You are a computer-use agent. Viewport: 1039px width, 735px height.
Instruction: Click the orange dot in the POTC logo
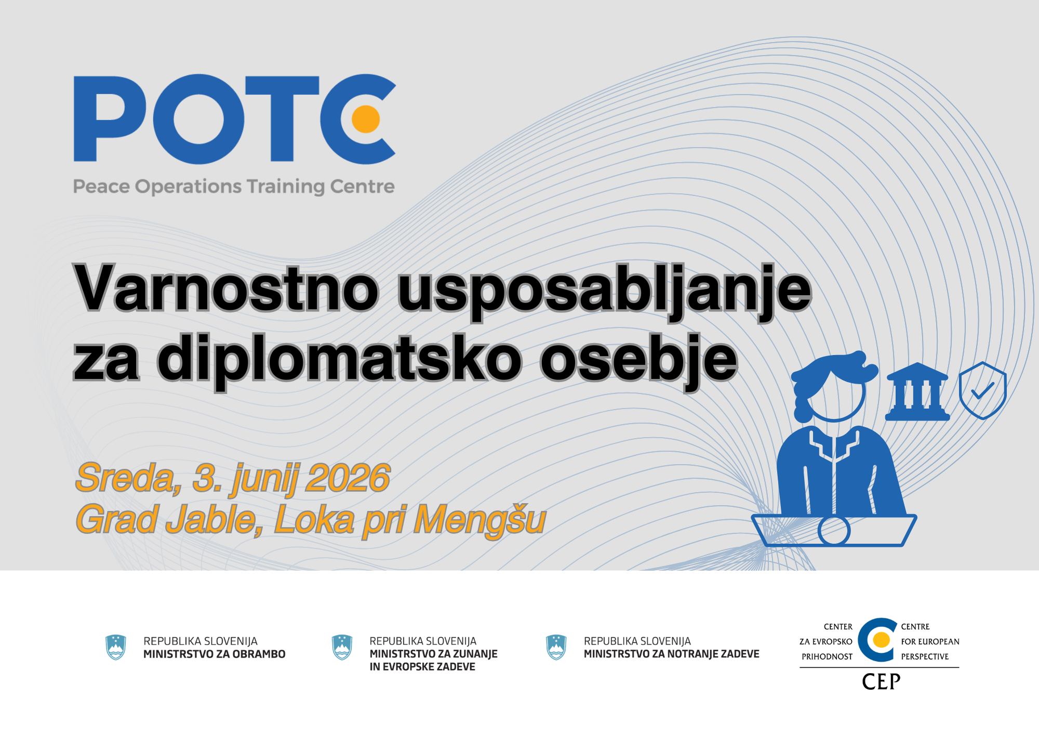click(366, 119)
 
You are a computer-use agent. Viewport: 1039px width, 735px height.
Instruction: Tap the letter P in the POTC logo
click(109, 119)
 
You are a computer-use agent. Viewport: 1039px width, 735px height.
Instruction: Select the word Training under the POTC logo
click(285, 186)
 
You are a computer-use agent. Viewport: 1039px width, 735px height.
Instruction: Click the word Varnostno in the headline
click(227, 288)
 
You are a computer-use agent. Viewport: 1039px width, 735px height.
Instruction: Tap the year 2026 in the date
click(348, 478)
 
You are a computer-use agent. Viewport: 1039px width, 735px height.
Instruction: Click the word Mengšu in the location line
click(479, 519)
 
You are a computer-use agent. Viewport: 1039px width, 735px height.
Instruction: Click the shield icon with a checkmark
click(982, 390)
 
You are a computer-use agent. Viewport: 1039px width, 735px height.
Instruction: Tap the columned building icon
click(917, 392)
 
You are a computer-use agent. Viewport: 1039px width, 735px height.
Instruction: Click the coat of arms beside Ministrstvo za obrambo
click(116, 647)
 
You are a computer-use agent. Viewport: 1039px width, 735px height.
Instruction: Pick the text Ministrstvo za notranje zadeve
click(671, 654)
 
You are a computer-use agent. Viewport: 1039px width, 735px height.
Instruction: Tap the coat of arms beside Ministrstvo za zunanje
click(342, 647)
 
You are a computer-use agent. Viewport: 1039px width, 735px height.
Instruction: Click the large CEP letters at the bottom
click(881, 681)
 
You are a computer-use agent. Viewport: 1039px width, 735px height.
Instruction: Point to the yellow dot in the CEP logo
click(881, 640)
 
